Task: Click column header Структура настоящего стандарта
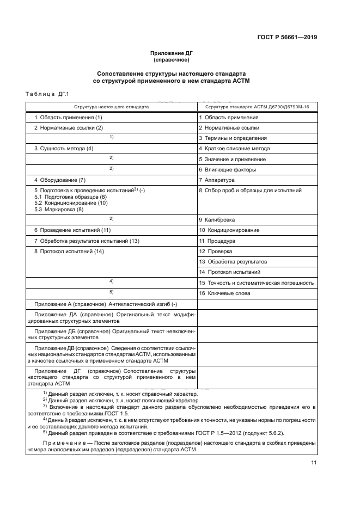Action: tap(111, 107)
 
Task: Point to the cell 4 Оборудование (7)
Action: tap(60, 180)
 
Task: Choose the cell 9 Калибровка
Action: tap(217, 220)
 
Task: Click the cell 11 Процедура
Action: tap(217, 240)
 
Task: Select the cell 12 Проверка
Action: tap(216, 251)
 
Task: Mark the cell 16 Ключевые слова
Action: tap(224, 293)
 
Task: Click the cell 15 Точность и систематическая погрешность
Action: tap(256, 283)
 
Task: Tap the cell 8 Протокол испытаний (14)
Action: tap(69, 251)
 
